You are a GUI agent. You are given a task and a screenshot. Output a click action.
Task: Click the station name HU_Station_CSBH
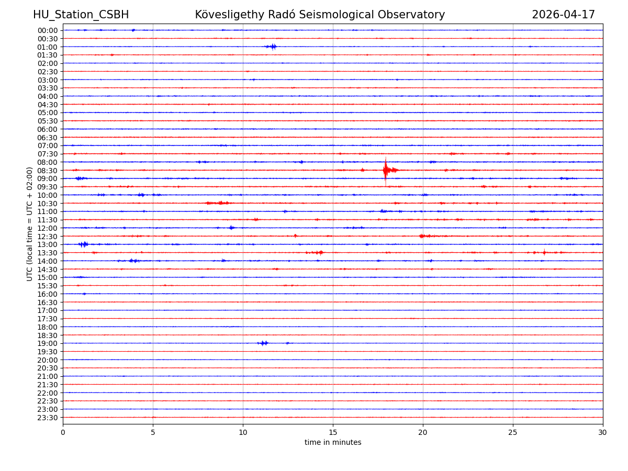pos(81,15)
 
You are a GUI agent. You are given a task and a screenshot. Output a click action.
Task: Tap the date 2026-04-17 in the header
pos(563,15)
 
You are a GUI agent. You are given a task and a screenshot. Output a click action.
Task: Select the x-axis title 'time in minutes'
pos(333,443)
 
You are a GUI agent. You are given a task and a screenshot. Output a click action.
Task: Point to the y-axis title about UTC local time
pos(30,224)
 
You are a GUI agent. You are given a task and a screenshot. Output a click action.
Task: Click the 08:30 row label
pos(48,171)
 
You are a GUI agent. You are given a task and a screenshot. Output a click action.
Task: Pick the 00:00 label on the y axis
pos(48,30)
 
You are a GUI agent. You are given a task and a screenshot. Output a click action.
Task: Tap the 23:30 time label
pos(48,418)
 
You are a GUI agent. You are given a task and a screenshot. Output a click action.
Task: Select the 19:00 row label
pos(48,343)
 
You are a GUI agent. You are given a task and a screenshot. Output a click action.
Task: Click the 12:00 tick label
pos(48,228)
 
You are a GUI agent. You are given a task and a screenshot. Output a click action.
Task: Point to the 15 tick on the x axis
pos(333,432)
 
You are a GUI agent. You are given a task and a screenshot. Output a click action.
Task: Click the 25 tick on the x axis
pos(513,432)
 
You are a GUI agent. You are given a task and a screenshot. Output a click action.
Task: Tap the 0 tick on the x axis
pos(63,432)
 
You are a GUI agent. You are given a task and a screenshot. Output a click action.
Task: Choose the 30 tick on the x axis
pos(603,432)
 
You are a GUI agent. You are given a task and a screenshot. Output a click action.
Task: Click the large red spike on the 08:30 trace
pos(386,170)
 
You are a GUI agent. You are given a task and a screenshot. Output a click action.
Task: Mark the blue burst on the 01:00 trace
pos(271,47)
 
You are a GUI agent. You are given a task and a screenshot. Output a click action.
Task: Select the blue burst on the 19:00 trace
pos(263,343)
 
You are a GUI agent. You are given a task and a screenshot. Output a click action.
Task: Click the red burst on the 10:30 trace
pos(218,203)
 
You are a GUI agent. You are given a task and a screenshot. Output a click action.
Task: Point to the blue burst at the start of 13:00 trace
pos(83,244)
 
